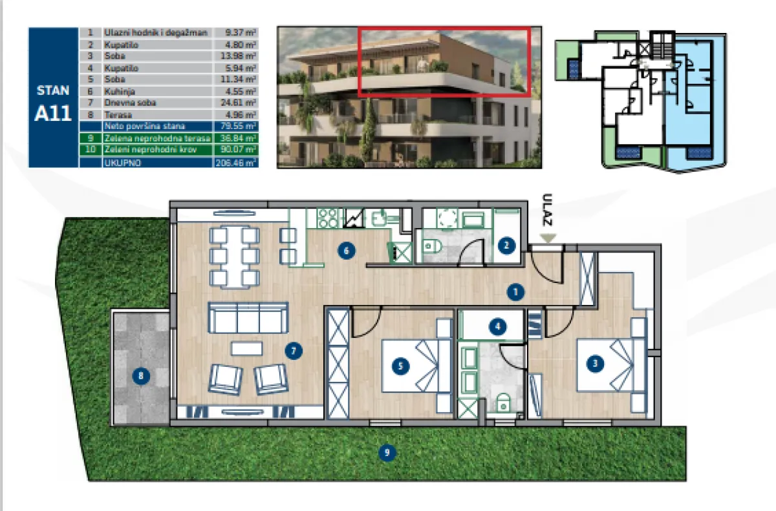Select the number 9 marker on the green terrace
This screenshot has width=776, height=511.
point(387,452)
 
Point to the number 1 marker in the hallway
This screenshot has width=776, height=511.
point(515,293)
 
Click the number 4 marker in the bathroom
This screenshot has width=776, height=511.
point(497,326)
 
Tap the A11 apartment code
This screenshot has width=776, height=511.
point(53,114)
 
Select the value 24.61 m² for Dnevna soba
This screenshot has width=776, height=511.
point(235,102)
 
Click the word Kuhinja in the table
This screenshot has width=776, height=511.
point(117,91)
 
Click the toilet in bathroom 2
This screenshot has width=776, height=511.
point(434,245)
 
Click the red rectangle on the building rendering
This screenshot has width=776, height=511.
point(444,61)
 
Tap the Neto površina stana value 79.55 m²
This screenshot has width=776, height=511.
point(235,126)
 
